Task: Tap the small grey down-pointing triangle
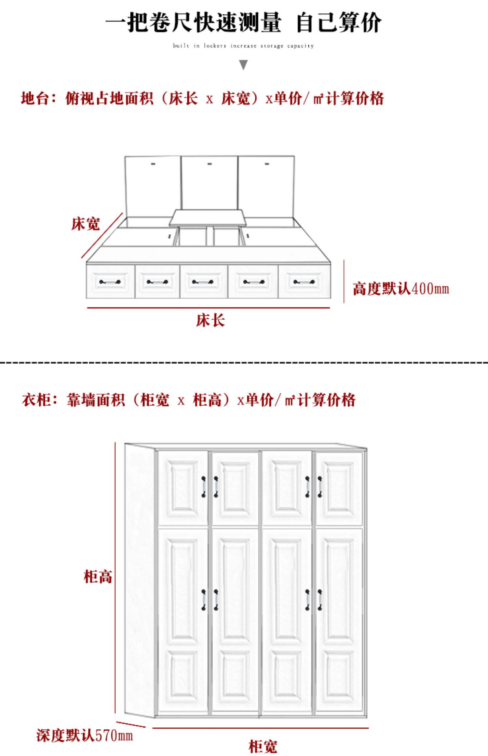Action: click(243, 65)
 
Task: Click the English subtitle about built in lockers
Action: click(243, 46)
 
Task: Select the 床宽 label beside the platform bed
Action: click(86, 224)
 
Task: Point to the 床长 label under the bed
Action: click(210, 320)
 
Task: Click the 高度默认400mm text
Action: click(401, 288)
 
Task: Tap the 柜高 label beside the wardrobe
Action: click(98, 576)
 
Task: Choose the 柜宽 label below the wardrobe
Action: click(263, 746)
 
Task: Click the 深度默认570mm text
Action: click(85, 735)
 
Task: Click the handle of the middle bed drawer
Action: click(203, 282)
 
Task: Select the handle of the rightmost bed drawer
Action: click(304, 282)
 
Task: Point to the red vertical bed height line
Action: click(344, 281)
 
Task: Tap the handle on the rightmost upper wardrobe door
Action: click(320, 487)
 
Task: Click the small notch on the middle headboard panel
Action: click(210, 163)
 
